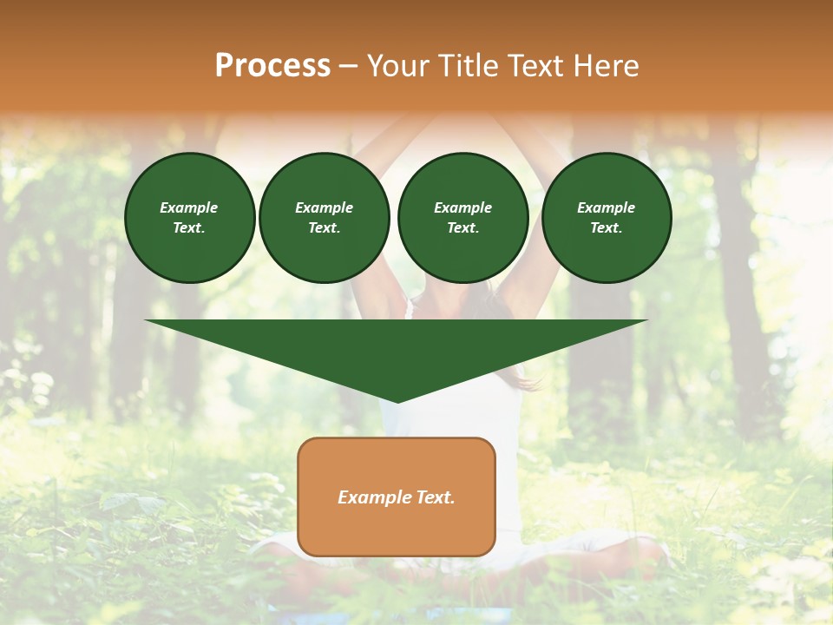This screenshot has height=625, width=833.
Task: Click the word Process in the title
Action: pyautogui.click(x=272, y=66)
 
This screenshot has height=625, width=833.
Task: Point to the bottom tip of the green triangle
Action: pyautogui.click(x=397, y=401)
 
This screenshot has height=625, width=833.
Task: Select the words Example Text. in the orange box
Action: pyautogui.click(x=397, y=497)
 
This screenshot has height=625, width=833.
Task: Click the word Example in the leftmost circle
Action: pyautogui.click(x=189, y=207)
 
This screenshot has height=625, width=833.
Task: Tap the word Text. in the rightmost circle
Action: pyautogui.click(x=607, y=227)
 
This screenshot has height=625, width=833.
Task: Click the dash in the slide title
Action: pyautogui.click(x=348, y=66)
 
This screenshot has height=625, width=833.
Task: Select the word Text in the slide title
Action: pyautogui.click(x=534, y=66)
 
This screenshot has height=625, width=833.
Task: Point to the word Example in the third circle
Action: pyautogui.click(x=462, y=207)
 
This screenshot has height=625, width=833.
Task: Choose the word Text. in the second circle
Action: pyautogui.click(x=324, y=227)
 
